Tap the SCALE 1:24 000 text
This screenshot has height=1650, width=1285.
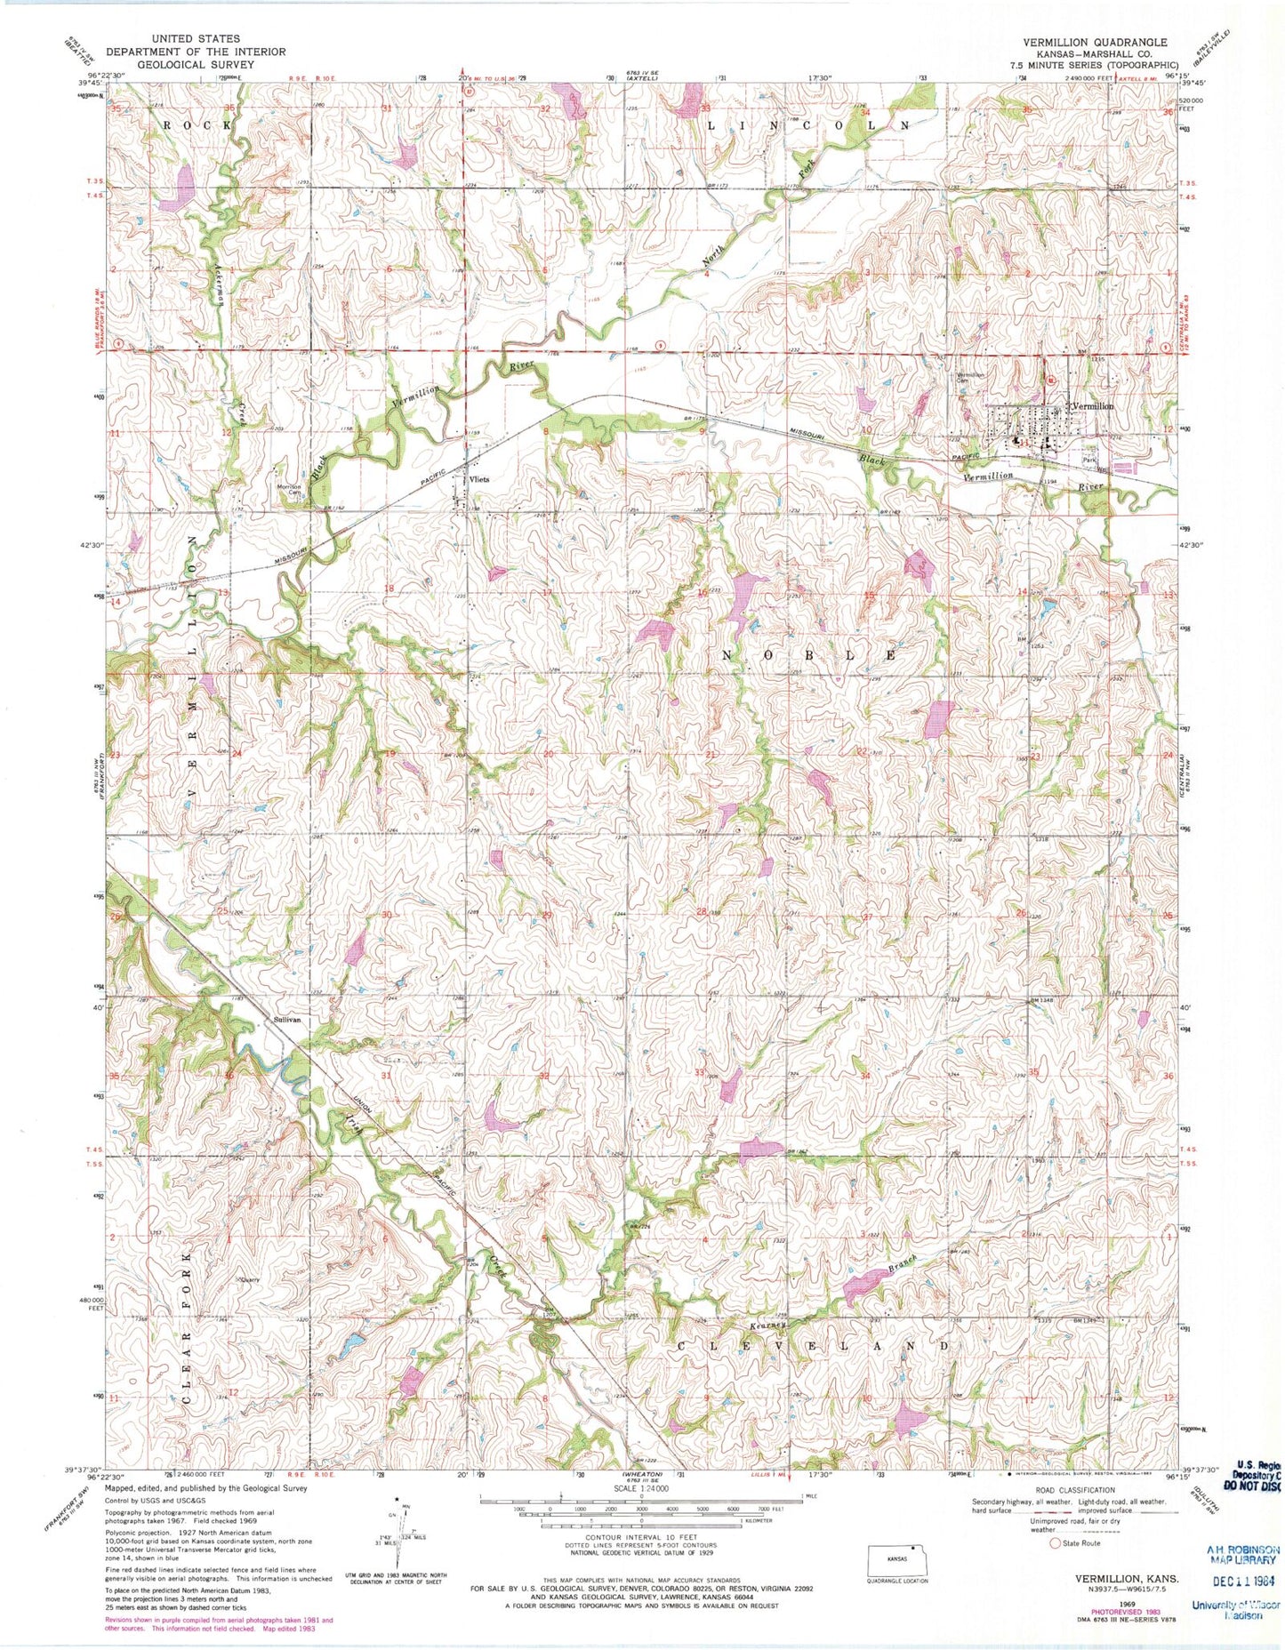pos(640,1488)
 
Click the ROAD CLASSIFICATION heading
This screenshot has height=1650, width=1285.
pos(1075,1489)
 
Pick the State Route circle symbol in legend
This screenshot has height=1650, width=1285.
pos(1056,1543)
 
